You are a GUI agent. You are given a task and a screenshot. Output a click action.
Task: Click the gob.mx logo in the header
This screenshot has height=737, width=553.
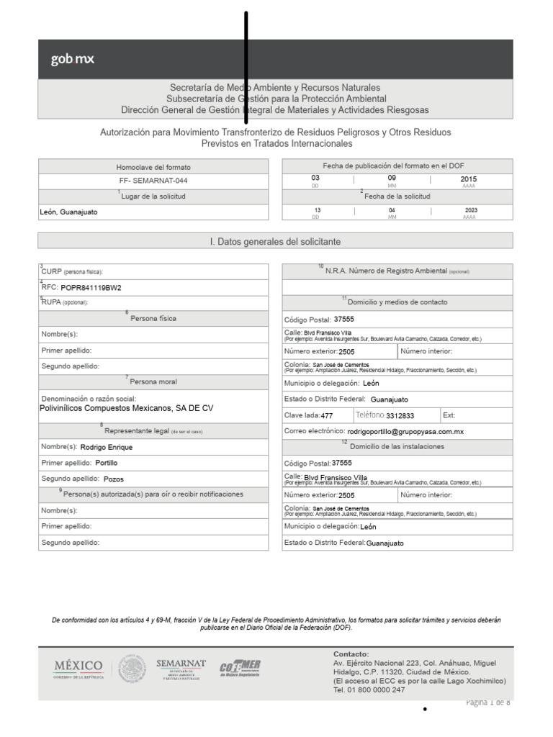click(x=73, y=59)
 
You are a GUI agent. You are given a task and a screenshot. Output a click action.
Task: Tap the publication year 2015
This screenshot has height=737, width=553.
click(x=469, y=178)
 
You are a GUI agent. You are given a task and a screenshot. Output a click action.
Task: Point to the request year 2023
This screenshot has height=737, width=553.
click(x=471, y=210)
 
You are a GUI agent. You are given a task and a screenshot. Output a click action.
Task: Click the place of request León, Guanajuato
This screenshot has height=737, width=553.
click(x=69, y=212)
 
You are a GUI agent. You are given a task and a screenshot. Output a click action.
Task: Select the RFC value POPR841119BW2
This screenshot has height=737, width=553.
click(x=91, y=287)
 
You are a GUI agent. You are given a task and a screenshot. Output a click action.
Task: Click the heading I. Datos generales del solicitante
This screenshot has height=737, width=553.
click(x=275, y=242)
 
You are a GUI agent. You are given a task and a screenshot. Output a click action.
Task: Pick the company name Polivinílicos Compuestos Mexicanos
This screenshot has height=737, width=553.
click(x=127, y=408)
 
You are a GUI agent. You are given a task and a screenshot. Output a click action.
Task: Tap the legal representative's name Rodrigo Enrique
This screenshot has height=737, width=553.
click(x=106, y=447)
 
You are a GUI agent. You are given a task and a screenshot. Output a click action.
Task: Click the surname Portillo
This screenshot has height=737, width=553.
click(x=106, y=463)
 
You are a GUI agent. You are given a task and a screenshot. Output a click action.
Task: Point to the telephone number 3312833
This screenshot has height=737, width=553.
click(x=400, y=416)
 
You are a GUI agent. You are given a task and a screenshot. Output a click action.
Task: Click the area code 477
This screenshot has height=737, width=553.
click(x=327, y=416)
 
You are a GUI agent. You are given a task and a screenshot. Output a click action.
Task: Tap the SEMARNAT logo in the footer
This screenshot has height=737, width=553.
click(x=181, y=668)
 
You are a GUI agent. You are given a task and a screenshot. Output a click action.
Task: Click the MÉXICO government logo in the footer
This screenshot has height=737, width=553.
click(x=78, y=668)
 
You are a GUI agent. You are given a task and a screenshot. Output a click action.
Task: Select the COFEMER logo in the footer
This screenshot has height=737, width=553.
click(x=240, y=668)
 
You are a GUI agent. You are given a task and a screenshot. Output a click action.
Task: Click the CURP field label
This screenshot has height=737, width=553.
click(x=72, y=272)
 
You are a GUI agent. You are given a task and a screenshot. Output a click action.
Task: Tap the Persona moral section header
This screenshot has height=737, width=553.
click(x=153, y=381)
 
